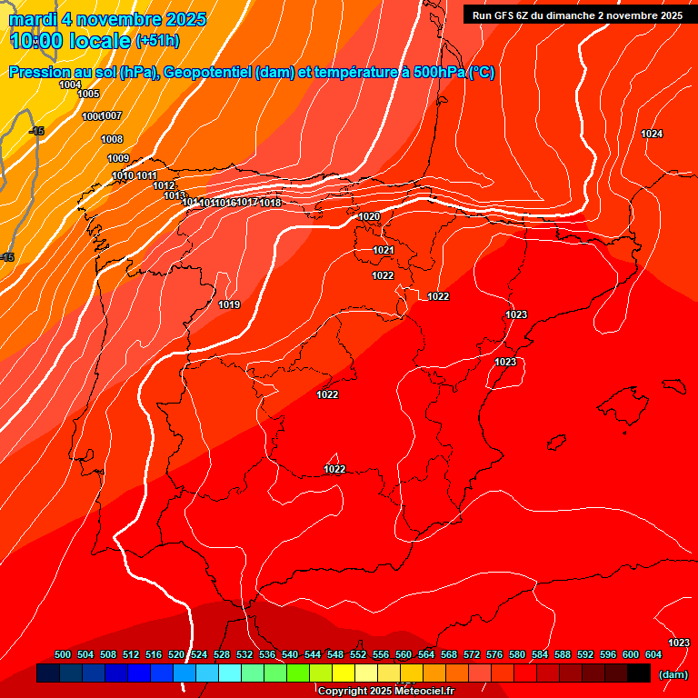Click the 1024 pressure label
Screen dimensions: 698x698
coord(652,134)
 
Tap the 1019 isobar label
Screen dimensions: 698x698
coord(229,304)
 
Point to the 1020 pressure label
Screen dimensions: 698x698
coord(369,216)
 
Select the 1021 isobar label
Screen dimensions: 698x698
coord(383,250)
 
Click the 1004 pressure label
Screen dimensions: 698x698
coord(70,85)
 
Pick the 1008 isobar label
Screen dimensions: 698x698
coord(112,139)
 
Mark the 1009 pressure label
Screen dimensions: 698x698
coord(118,158)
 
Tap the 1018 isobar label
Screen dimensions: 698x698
coord(270,203)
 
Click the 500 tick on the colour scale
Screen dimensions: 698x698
coord(63,654)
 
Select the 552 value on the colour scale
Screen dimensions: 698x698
coord(358,654)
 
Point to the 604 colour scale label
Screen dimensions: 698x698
coord(653,654)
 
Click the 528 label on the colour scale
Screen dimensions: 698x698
coord(222,654)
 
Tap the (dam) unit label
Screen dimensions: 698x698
coord(673,674)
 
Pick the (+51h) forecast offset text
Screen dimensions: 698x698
coord(157,41)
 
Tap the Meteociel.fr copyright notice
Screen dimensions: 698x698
coord(385,692)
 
